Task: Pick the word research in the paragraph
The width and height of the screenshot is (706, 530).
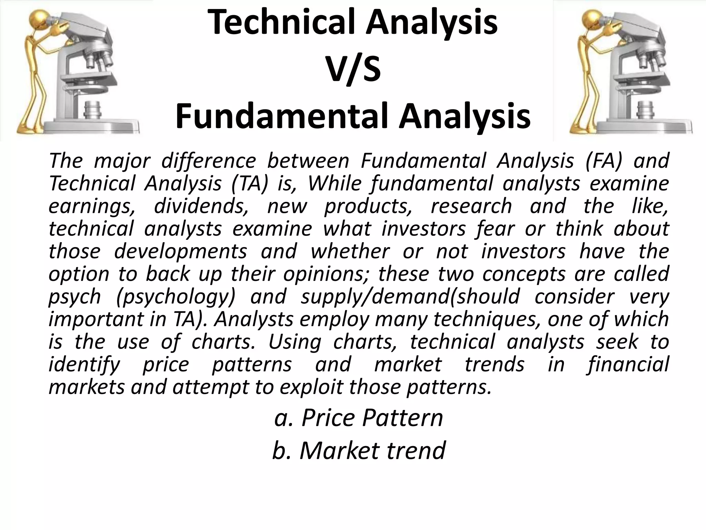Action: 471,206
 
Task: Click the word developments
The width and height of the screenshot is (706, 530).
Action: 181,252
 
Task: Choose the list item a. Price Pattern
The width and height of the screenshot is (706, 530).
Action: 359,418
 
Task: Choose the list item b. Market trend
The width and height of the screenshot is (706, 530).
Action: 359,451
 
